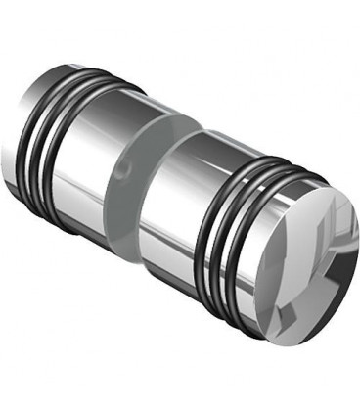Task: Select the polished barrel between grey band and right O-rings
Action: tap(186, 196)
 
